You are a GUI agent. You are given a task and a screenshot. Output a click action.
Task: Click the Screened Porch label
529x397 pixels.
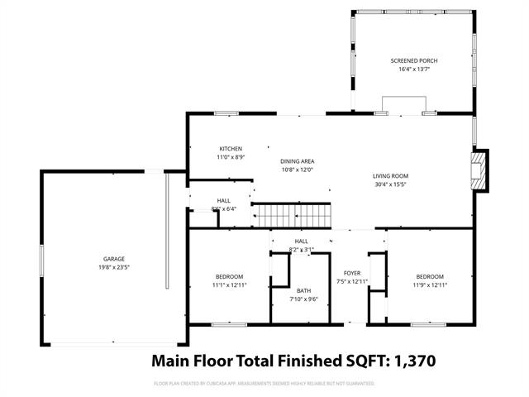click(x=414, y=61)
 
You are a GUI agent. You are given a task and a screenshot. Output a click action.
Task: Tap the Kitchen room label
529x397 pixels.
click(x=231, y=149)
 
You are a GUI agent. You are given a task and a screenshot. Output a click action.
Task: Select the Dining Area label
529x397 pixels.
click(x=297, y=161)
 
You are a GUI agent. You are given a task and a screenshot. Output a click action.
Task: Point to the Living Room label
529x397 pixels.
click(x=390, y=175)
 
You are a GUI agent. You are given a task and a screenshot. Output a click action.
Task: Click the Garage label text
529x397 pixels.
click(x=113, y=259)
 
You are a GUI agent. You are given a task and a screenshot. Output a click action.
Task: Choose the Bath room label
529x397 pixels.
click(x=303, y=290)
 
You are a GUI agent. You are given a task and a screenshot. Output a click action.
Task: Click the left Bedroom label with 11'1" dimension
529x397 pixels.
click(x=230, y=276)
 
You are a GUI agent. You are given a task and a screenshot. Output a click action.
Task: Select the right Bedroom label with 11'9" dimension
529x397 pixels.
click(x=430, y=276)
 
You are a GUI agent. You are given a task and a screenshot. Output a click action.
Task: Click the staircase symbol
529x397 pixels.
click(x=291, y=216)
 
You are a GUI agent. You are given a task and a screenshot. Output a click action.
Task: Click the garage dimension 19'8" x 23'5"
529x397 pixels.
click(x=113, y=267)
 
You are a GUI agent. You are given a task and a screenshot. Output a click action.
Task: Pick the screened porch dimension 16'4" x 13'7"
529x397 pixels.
click(x=414, y=69)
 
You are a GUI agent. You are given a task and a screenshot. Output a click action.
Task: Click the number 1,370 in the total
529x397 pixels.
click(x=408, y=361)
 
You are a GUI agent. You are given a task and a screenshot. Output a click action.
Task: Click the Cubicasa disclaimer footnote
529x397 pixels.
click(x=264, y=384)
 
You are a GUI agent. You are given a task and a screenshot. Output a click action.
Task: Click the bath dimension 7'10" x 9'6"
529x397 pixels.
click(x=303, y=299)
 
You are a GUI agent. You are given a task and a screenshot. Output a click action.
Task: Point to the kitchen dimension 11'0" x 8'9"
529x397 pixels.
click(x=231, y=157)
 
